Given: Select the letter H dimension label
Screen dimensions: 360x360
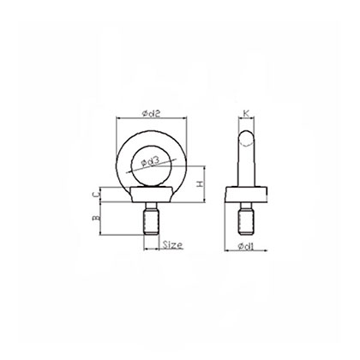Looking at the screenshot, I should [199, 183].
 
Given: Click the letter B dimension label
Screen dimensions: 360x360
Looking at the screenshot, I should [97, 220].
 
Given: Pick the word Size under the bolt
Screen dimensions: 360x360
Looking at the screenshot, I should [171, 245].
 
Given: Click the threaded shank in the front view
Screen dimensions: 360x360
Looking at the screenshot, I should [153, 220].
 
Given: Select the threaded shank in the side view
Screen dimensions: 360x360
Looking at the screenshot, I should [246, 220].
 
